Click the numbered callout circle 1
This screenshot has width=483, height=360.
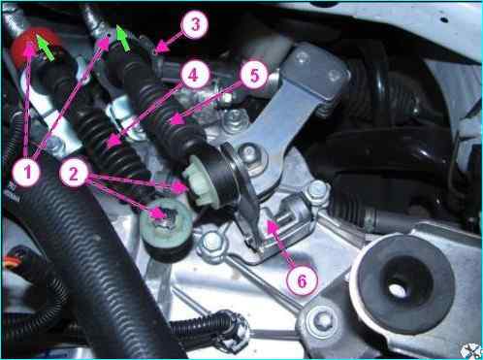point(26,172)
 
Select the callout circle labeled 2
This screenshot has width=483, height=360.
point(74,174)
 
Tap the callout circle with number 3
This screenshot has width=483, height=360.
point(195,25)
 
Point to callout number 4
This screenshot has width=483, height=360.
point(193,75)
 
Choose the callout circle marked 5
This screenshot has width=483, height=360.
point(254,75)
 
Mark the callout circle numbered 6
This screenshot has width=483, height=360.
point(302,280)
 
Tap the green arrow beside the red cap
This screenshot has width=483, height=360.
point(45,48)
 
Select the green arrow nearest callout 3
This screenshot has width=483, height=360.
point(123,39)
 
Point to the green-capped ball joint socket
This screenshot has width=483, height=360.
point(166,224)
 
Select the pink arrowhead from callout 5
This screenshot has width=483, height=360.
point(177,119)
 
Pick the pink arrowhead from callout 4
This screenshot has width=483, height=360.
point(114,142)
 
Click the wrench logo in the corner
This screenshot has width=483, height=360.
point(471,350)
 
